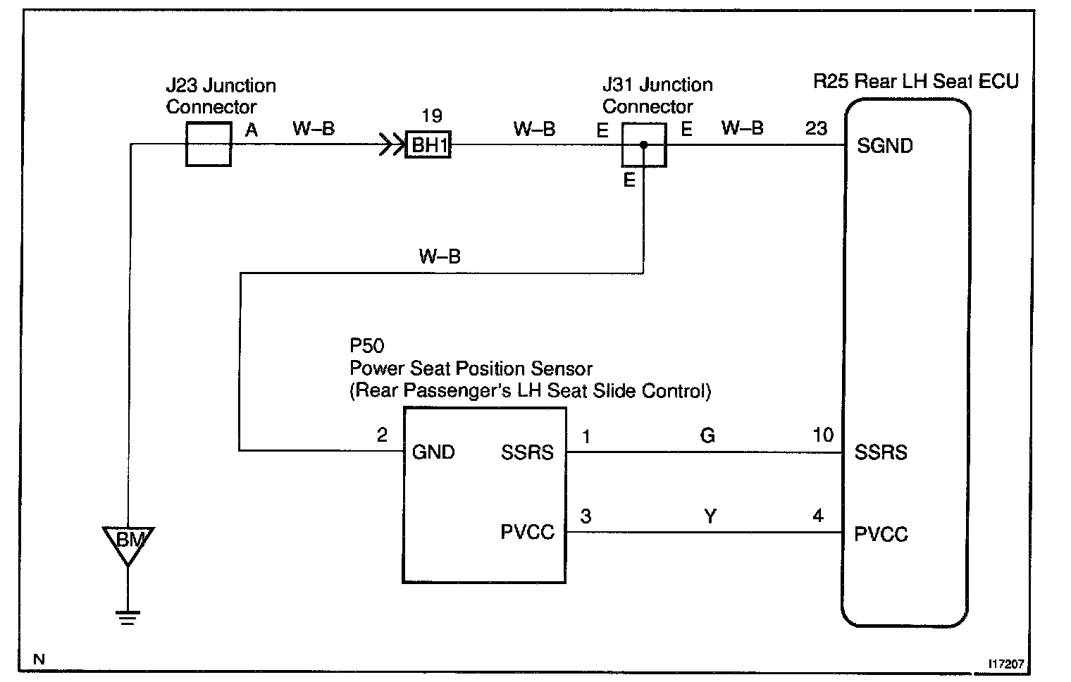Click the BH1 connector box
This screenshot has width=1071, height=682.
(x=428, y=146)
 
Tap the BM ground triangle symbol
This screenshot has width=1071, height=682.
(x=128, y=543)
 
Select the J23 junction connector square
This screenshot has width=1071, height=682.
(x=209, y=144)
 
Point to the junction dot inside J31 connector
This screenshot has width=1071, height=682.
(x=643, y=145)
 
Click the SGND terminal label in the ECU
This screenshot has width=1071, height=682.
(x=885, y=146)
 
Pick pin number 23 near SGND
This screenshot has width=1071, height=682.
(x=816, y=129)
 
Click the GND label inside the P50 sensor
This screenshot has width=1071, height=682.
(x=433, y=452)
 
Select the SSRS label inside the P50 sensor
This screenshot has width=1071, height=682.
(x=527, y=452)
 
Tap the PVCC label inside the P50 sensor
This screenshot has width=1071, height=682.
(x=527, y=532)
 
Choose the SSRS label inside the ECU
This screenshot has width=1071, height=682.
(x=881, y=452)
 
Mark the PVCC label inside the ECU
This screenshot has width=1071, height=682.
(x=881, y=534)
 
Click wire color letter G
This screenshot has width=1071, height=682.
(x=707, y=435)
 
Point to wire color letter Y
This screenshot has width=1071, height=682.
(x=710, y=516)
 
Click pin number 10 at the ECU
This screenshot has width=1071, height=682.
(x=823, y=435)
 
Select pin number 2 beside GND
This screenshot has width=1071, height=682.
(x=382, y=435)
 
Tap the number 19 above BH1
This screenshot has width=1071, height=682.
(x=431, y=116)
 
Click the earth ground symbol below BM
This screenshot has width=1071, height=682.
(x=128, y=617)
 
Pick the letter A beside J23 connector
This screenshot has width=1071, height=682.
(x=251, y=130)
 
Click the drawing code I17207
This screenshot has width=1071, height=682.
(x=1006, y=664)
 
